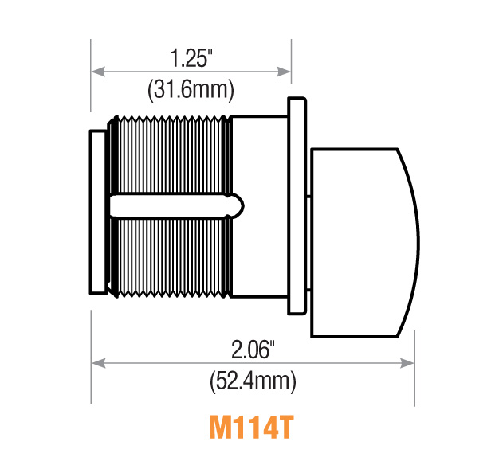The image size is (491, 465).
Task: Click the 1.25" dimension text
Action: [191, 58]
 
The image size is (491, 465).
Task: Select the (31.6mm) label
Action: [191, 90]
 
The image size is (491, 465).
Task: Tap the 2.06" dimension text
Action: [253, 349]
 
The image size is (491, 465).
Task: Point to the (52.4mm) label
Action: [253, 381]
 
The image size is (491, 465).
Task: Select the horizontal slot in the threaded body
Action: [171, 205]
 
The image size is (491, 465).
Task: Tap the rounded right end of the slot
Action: [238, 205]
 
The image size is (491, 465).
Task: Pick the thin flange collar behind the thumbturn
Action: [296, 205]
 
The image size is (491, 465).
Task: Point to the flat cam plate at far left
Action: [97, 211]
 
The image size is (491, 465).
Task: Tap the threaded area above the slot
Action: [171, 155]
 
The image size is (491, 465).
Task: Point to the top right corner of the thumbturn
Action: [397, 150]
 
